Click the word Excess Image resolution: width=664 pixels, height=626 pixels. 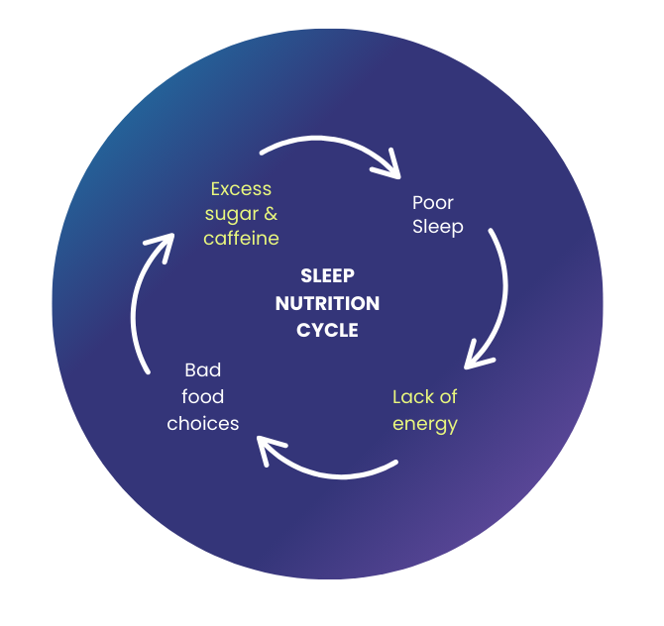click(x=241, y=189)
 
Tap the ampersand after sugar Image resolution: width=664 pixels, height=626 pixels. click(x=271, y=214)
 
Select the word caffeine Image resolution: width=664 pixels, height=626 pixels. click(x=241, y=239)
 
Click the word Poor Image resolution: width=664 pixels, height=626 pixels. click(x=433, y=203)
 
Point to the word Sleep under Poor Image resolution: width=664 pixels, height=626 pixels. click(x=438, y=227)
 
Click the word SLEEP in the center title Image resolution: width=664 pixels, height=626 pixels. click(x=327, y=276)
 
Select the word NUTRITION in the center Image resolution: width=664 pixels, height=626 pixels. click(x=327, y=303)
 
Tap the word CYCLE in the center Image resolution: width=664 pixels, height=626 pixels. click(x=327, y=330)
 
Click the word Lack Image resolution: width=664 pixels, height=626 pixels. click(x=413, y=397)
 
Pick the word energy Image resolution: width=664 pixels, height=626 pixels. click(x=425, y=424)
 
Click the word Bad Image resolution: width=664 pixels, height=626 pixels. click(x=203, y=370)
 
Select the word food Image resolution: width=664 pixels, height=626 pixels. click(x=203, y=397)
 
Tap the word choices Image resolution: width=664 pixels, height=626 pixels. click(x=203, y=424)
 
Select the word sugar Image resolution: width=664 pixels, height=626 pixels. click(x=232, y=215)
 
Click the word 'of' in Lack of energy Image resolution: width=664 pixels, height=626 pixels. click(x=449, y=397)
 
